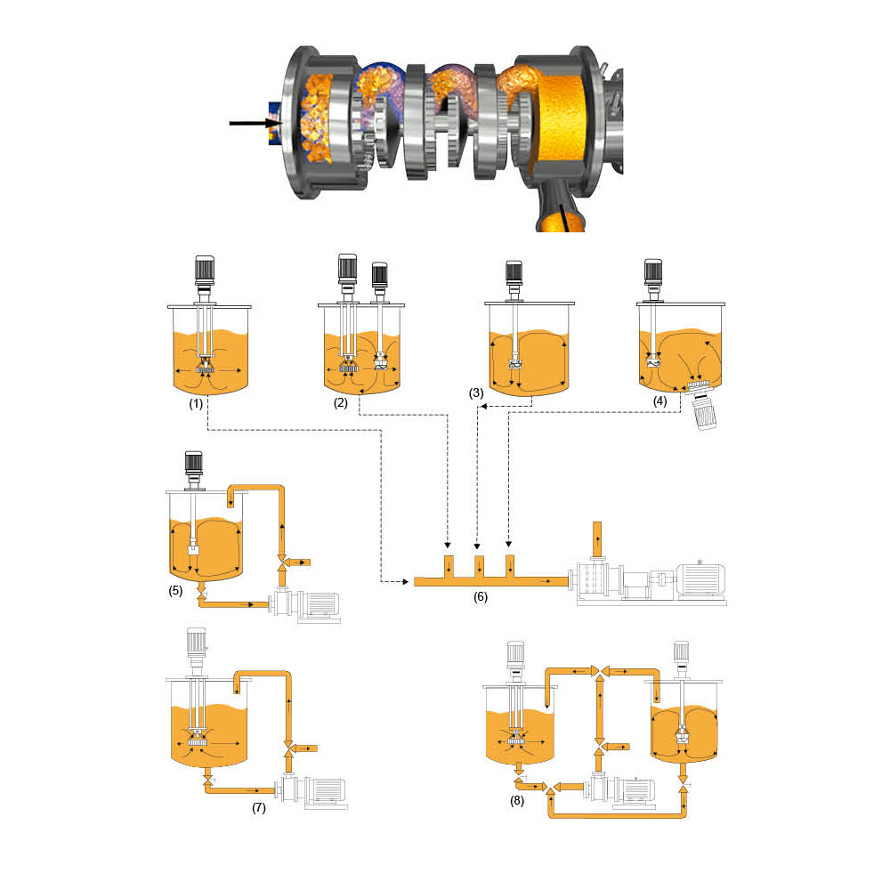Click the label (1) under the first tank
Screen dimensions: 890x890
click(196, 403)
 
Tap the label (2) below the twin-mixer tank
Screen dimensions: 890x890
click(341, 402)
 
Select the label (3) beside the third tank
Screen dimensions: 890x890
click(476, 392)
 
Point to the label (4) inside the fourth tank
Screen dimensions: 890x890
click(659, 400)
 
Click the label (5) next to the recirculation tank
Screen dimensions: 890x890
click(175, 590)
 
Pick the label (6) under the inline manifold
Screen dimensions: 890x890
click(481, 596)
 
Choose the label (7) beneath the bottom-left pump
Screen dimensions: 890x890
click(259, 807)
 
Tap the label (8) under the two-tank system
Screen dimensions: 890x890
click(516, 800)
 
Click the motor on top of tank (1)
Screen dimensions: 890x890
click(205, 271)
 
